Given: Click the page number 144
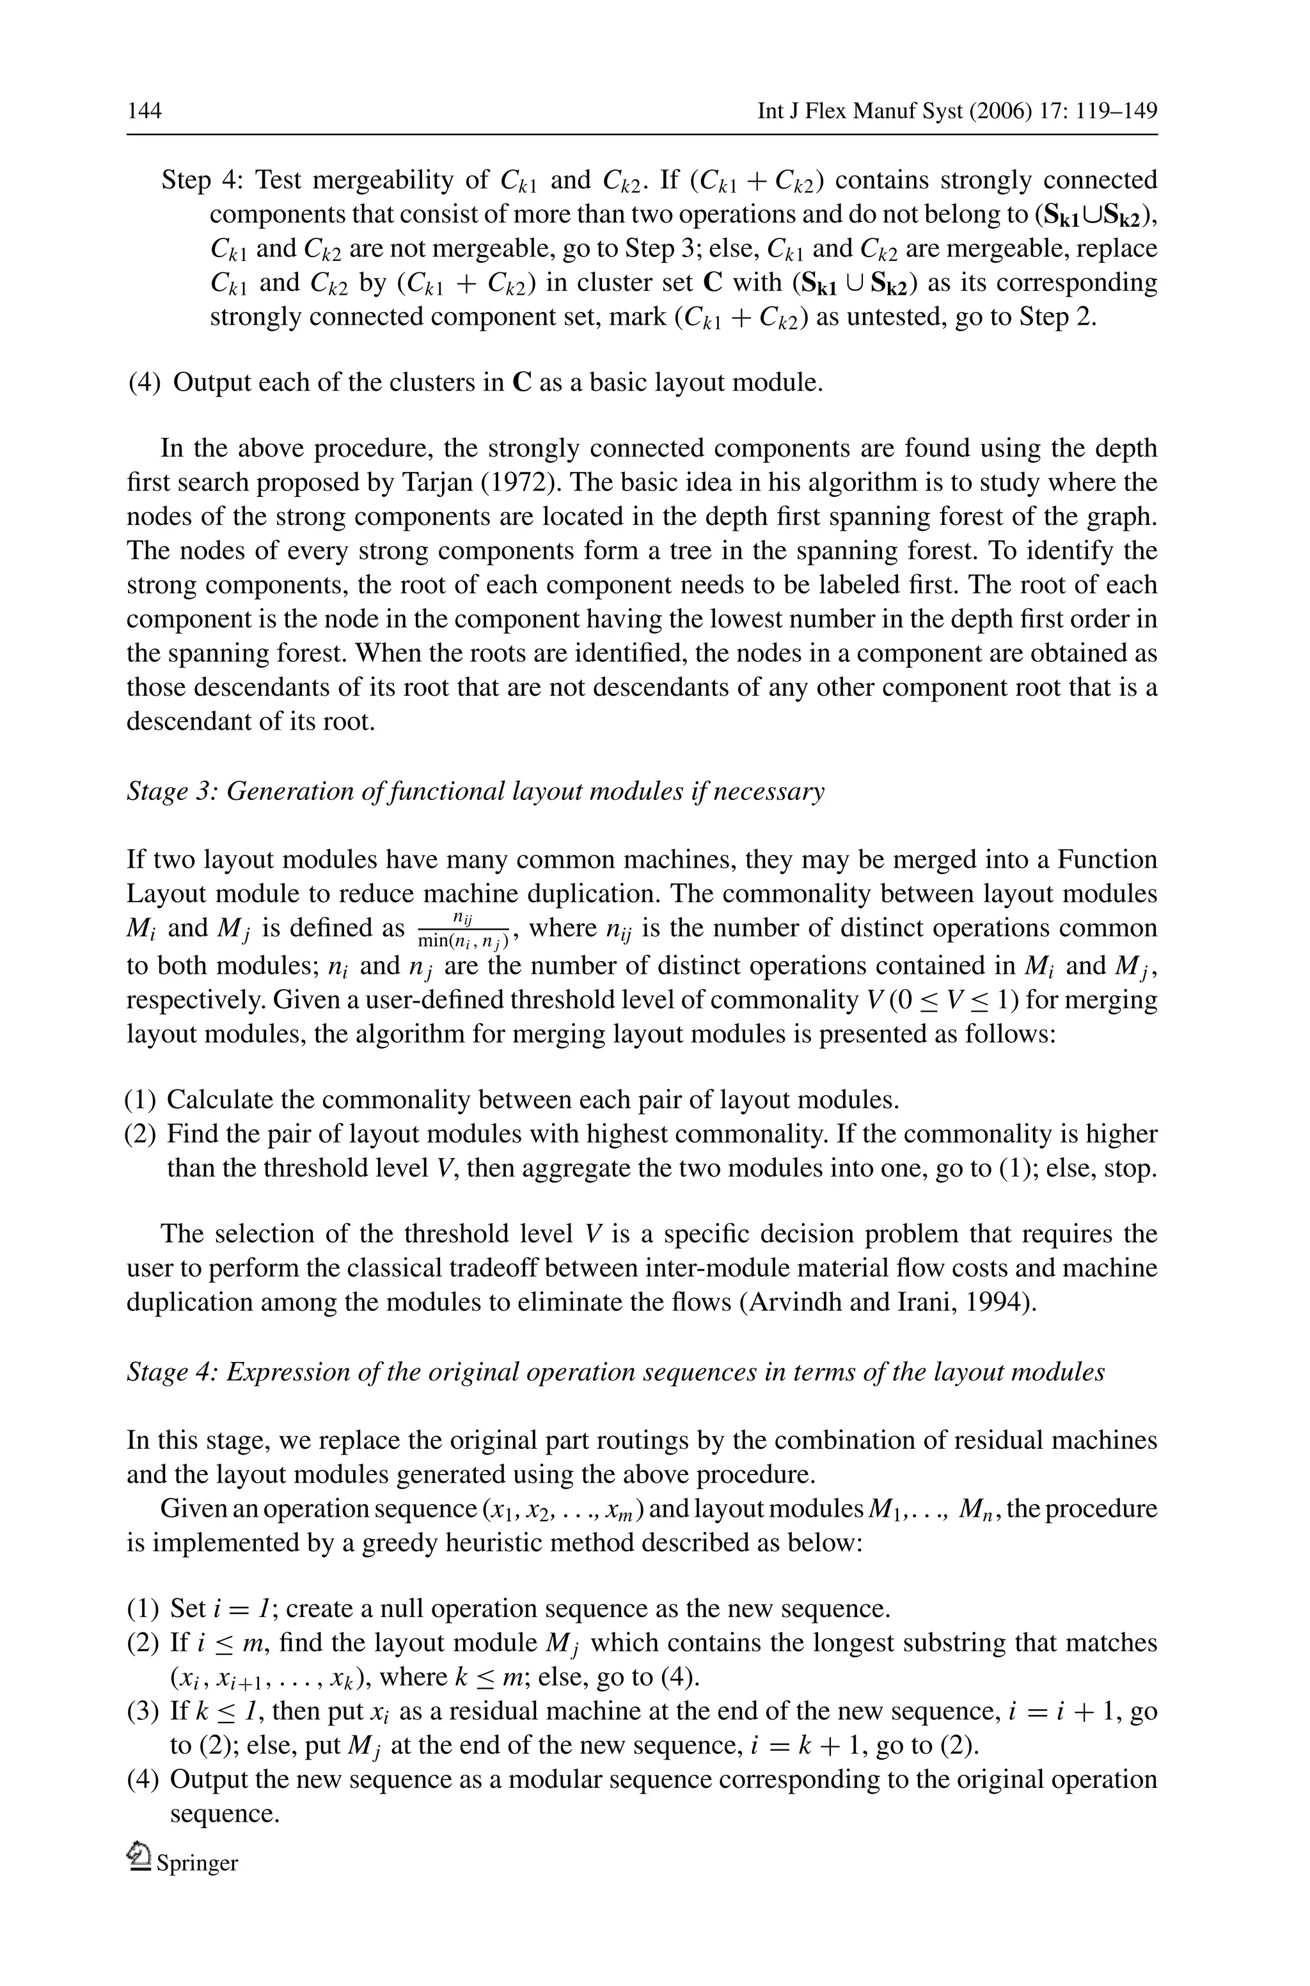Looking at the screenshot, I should coord(144,111).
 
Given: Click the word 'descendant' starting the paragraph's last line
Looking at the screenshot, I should coord(185,721).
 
